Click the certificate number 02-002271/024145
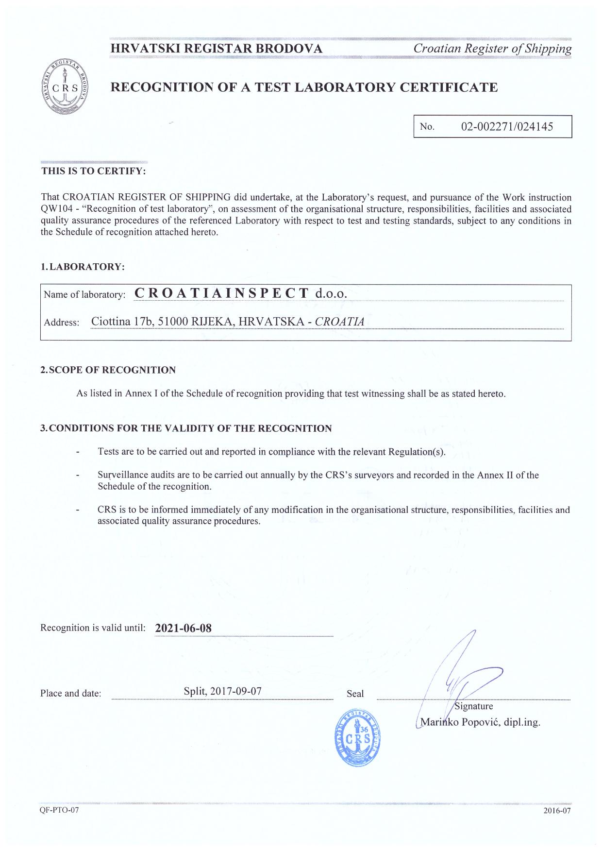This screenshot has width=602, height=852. (x=507, y=127)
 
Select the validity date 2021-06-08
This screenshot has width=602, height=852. (x=183, y=628)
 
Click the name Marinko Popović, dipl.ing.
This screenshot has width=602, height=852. (x=480, y=722)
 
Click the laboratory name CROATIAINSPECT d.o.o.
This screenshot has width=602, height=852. (x=240, y=293)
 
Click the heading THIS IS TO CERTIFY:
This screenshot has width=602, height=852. (x=93, y=171)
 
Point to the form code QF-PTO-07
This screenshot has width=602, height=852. (x=59, y=811)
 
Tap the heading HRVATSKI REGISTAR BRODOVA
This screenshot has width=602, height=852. (x=217, y=49)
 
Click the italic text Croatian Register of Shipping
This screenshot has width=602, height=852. (x=492, y=49)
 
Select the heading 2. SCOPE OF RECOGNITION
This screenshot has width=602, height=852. (x=108, y=370)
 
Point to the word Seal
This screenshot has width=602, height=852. (x=355, y=694)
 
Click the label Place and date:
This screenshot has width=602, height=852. (x=71, y=694)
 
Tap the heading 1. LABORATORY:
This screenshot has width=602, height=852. (x=83, y=267)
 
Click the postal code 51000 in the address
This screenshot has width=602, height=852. (x=173, y=322)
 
